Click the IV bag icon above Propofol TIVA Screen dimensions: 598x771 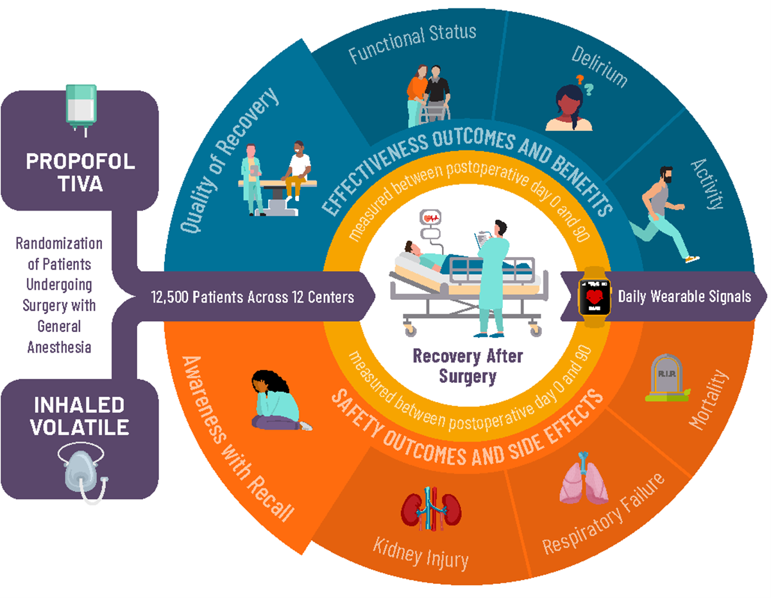81,108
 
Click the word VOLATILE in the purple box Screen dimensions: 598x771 80,427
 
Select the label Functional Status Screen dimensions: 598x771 412,43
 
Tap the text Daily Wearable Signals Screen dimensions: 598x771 684,297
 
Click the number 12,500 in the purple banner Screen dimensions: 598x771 168,297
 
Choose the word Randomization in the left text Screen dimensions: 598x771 59,244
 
